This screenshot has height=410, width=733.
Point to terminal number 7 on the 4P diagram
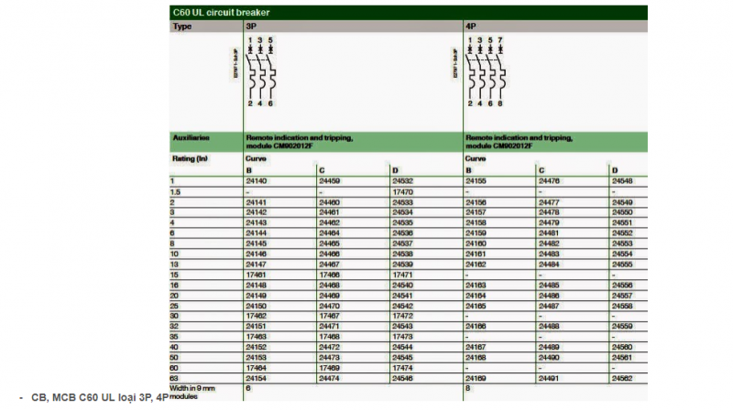tap(500, 40)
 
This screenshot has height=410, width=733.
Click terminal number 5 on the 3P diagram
tap(270, 40)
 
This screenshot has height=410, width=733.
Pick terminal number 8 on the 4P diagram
tap(500, 103)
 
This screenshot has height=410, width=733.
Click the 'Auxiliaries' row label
tap(191, 138)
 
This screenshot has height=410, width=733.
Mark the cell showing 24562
tap(622, 377)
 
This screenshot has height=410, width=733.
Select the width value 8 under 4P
tap(468, 388)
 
